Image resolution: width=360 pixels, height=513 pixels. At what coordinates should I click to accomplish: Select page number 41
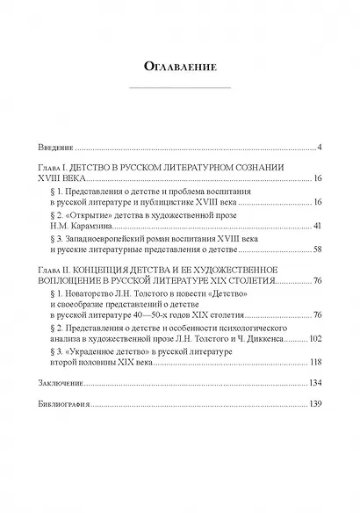pos(318,225)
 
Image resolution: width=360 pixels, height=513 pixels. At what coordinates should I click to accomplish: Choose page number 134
pos(316,383)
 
